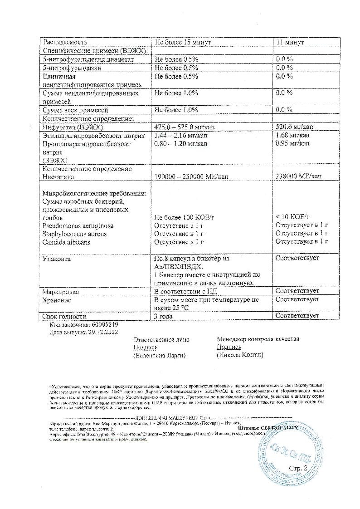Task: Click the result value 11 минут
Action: coord(290,42)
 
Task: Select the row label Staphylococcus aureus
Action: coord(74,234)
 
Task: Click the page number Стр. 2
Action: coord(298,468)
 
